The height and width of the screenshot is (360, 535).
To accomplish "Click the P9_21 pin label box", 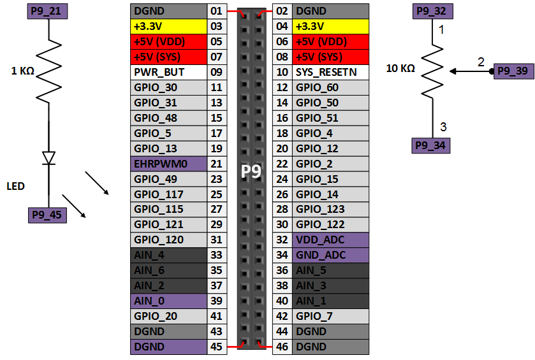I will (48, 11).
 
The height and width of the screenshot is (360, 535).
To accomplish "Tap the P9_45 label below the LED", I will (48, 215).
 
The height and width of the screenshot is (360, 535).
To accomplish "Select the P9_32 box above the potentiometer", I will (432, 11).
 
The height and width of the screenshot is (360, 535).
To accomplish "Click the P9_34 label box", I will (432, 145).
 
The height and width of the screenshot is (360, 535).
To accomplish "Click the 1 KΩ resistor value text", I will (22, 71).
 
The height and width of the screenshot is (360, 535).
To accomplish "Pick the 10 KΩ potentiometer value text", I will (401, 68).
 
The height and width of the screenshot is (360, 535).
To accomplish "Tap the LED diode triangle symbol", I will (48, 157).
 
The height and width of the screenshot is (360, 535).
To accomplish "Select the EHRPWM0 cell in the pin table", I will (168, 164).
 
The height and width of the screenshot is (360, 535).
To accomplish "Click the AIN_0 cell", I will (168, 301).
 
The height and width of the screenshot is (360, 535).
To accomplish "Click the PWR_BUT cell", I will (168, 72).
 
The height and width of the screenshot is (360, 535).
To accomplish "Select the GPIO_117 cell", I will (168, 194).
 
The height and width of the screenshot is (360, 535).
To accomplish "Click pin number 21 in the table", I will (216, 164).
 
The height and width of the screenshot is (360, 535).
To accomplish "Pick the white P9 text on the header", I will (251, 172).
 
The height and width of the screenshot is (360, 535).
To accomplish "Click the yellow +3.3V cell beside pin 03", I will (168, 26).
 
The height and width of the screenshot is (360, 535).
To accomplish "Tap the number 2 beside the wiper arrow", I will (481, 62).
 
